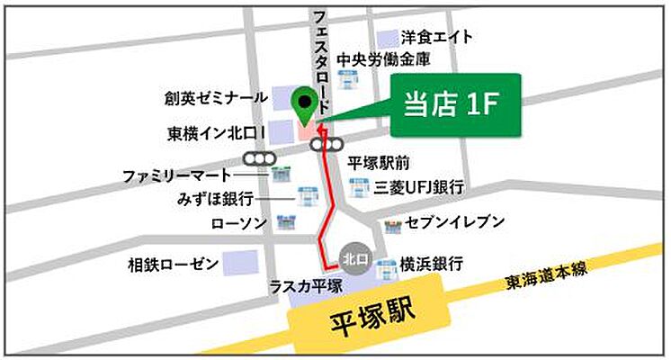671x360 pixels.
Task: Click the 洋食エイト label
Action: click(436, 40)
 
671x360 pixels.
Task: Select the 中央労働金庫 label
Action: click(382, 60)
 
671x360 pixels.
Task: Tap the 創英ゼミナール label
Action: click(216, 97)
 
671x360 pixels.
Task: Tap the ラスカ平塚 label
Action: click(306, 286)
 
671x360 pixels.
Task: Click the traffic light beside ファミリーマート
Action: click(264, 158)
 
